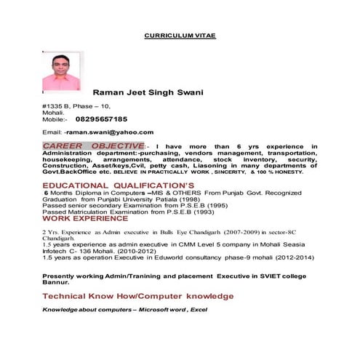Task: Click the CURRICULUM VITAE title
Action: tap(180, 35)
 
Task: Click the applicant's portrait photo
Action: tap(61, 72)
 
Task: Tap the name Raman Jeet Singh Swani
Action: tap(148, 92)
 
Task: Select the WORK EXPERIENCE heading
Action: tap(85, 217)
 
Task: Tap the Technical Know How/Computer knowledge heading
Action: tap(138, 297)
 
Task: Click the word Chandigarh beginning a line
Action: tap(59, 238)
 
